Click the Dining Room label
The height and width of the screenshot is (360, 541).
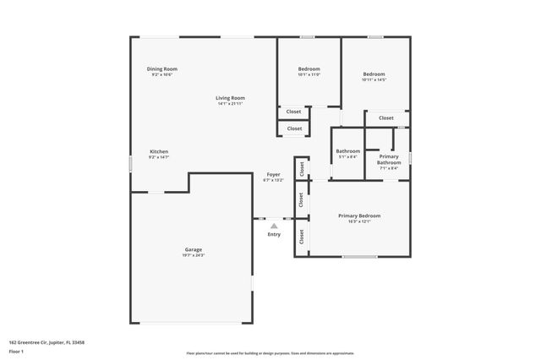[162, 69]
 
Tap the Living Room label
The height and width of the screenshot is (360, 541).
[230, 98]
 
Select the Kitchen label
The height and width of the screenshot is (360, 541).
[159, 152]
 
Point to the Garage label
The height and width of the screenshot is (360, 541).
[194, 249]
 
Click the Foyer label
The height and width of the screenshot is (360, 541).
[273, 174]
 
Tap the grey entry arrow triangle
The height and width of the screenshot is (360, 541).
[274, 226]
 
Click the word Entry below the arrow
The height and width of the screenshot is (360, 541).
[274, 235]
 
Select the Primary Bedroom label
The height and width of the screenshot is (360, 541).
[359, 215]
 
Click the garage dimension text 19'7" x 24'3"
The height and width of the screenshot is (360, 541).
[194, 255]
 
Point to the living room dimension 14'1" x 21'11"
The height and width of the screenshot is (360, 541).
[230, 104]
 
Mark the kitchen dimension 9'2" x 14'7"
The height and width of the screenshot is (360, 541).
[159, 158]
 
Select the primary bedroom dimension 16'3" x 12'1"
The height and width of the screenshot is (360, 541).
[359, 221]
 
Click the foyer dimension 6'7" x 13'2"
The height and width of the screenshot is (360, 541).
[273, 180]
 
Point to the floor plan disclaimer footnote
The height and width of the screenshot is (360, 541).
[270, 352]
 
